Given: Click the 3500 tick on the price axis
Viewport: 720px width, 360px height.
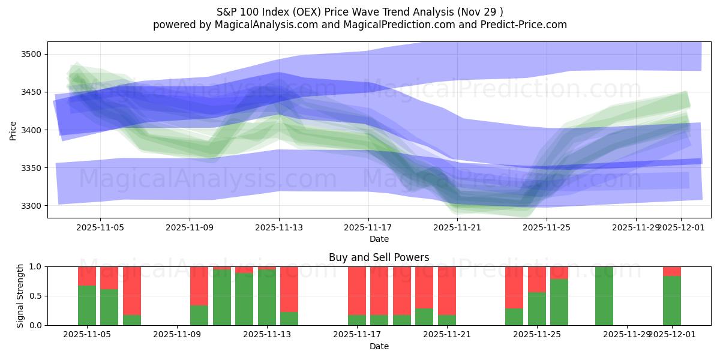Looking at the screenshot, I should point(33,55).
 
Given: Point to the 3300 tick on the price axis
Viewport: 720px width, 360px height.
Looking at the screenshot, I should point(33,206).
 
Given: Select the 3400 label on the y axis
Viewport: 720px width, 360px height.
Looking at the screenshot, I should point(33,130).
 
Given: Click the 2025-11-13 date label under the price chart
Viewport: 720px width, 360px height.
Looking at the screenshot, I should point(279,227).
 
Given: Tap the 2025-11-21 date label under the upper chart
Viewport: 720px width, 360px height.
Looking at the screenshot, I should point(457,227).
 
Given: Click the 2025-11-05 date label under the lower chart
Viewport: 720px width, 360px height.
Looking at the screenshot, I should point(87,335).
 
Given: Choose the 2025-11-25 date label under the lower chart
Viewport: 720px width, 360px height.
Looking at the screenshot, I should point(536,335).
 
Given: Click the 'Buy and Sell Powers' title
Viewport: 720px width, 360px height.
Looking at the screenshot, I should point(379,257).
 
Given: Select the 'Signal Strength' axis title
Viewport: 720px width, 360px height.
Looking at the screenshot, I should point(20,296).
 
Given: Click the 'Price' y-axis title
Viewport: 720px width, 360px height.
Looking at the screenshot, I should point(13,130).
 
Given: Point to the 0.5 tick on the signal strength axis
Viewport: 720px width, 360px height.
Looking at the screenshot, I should point(35,296).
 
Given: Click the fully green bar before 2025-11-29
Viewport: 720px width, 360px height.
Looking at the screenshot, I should point(604,296).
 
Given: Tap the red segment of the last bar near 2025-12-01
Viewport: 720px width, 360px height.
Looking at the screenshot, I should point(672,271).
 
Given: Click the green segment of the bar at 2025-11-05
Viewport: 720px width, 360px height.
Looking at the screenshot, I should point(87,305).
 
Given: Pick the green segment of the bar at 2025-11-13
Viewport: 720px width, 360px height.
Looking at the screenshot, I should point(267,298).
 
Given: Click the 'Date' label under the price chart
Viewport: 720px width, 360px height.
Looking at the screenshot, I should point(379,239).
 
